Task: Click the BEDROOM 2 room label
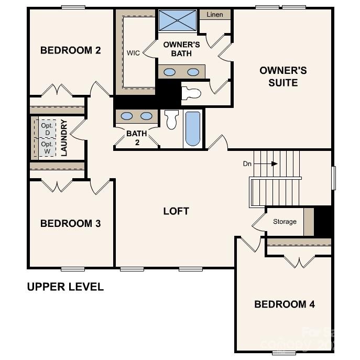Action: click(70, 51)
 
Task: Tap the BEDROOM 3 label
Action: click(70, 224)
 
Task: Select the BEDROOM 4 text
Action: click(285, 304)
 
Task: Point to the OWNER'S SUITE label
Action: click(283, 77)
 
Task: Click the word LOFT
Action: click(176, 211)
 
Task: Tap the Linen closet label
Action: click(215, 15)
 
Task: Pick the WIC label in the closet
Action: click(133, 53)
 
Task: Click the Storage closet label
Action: click(285, 222)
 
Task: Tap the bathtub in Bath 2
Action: click(192, 129)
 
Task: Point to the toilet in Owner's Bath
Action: click(191, 93)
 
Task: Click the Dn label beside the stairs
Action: click(247, 164)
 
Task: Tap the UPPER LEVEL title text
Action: click(65, 287)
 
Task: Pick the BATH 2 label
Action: click(136, 138)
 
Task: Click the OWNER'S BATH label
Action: click(181, 49)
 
